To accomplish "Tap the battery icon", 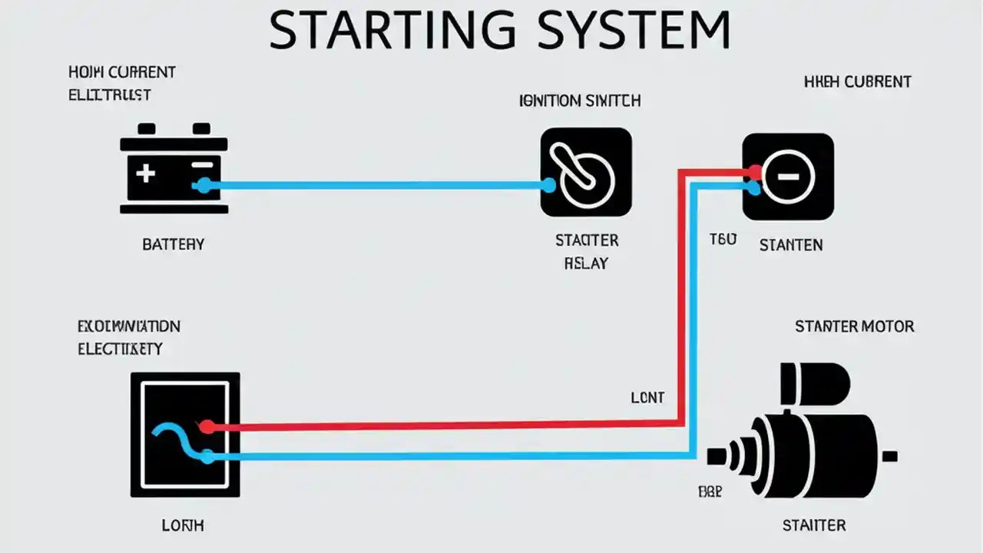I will tap(174, 169).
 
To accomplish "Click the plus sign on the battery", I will tap(145, 173).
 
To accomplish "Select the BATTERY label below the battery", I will tap(174, 244).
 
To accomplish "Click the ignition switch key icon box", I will tap(586, 172).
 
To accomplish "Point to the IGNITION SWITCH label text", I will tap(580, 101).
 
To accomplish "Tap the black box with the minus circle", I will tap(788, 177).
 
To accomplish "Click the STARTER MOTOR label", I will tap(854, 326).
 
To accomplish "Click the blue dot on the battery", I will tap(204, 185).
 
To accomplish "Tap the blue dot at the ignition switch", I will tap(548, 185).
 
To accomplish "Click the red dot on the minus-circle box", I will tap(754, 171).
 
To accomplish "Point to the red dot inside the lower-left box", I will tap(206, 427).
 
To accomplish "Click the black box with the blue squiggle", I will tap(185, 434).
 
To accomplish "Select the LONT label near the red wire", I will tap(647, 398).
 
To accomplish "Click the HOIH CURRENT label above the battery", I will tap(122, 73).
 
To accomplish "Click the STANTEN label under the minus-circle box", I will tap(790, 245).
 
